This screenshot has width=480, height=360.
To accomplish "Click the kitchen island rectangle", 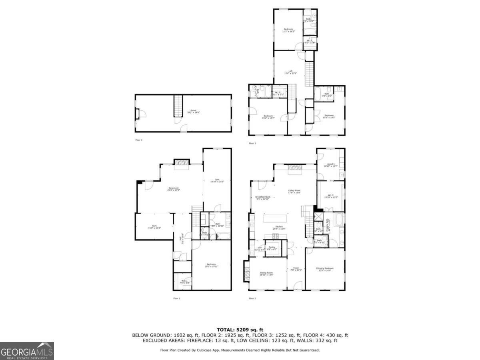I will [275, 218].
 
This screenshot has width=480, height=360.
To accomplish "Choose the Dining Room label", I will [266, 274].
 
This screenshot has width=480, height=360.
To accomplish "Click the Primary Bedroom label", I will [325, 269].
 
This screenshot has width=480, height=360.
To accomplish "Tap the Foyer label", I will [296, 269].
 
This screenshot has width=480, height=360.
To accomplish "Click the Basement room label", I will [174, 189].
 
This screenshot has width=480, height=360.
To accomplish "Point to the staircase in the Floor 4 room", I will [178, 106].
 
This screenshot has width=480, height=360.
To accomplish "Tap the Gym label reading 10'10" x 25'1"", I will [217, 180].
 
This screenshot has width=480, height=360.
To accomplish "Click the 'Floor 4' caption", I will [139, 140].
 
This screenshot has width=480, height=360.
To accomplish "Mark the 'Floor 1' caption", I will [177, 298].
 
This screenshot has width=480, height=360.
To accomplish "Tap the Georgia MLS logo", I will [27, 351].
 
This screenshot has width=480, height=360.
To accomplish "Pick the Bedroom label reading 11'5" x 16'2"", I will [288, 30].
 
